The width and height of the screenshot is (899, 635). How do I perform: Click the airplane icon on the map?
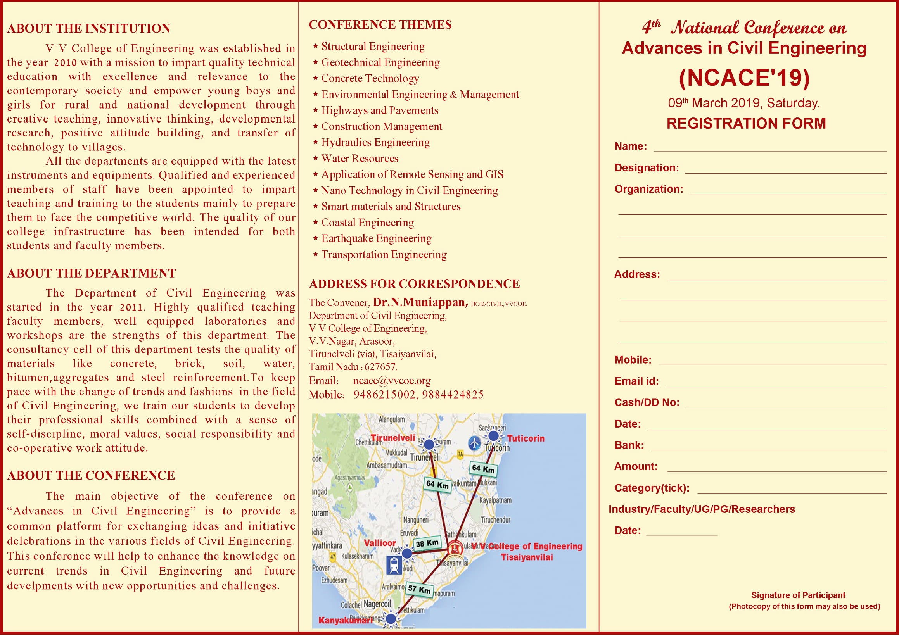(475, 443)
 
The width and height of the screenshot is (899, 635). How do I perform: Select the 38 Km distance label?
(427, 544)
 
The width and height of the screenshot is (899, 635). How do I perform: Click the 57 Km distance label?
(419, 589)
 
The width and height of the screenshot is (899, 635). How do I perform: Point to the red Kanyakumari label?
(345, 621)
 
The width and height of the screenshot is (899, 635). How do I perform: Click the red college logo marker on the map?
(455, 549)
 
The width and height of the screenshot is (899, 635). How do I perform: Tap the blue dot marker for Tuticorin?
(493, 435)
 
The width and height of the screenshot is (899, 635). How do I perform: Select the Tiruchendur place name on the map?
(496, 520)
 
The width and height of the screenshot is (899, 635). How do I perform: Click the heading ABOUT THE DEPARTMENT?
(92, 273)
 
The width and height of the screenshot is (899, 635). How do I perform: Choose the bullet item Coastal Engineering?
(367, 223)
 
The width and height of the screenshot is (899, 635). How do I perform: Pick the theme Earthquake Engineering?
(376, 238)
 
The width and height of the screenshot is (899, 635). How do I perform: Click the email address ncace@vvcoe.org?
(392, 381)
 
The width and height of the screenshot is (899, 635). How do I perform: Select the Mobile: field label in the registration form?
(633, 360)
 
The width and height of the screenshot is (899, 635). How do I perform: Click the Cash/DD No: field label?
(647, 402)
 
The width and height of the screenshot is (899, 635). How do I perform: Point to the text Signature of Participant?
(798, 595)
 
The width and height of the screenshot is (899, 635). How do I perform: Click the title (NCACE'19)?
(744, 78)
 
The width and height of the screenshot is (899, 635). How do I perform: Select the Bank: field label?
(629, 445)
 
